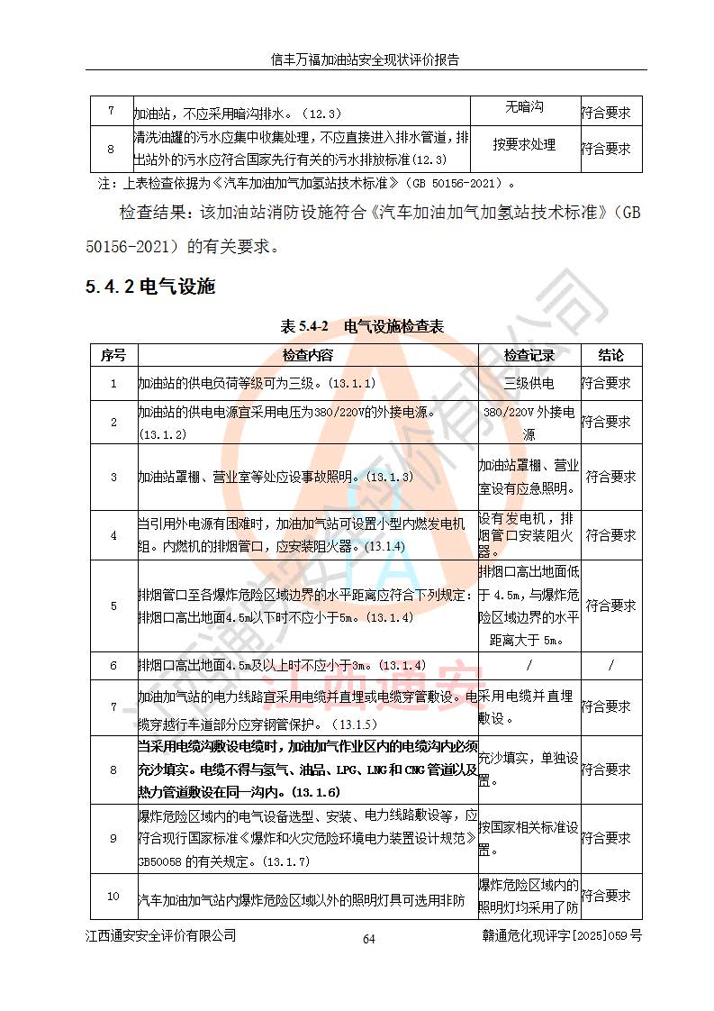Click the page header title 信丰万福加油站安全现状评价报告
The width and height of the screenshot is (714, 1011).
click(366, 60)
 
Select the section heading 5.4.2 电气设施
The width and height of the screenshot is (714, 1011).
click(150, 287)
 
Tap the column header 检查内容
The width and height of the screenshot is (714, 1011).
click(306, 355)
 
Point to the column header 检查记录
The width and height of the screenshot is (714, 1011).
click(529, 355)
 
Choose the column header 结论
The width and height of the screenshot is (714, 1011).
click(610, 355)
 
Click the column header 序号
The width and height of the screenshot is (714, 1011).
click(113, 355)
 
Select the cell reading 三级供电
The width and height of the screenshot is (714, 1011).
click(529, 383)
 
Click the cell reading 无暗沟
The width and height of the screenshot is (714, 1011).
click(523, 107)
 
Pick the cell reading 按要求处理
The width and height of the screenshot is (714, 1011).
click(524, 144)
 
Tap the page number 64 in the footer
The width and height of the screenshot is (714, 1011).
click(368, 939)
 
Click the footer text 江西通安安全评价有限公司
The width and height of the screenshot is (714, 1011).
click(161, 936)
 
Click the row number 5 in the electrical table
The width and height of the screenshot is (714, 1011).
click(113, 606)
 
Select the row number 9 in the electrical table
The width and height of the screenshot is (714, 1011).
click(113, 839)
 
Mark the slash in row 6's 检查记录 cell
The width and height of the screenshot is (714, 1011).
click(529, 665)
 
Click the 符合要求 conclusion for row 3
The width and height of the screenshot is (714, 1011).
click(610, 477)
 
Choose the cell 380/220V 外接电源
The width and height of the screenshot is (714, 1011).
click(529, 421)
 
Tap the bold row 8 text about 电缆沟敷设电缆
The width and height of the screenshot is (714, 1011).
click(306, 770)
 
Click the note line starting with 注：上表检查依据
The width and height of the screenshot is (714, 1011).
click(306, 183)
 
